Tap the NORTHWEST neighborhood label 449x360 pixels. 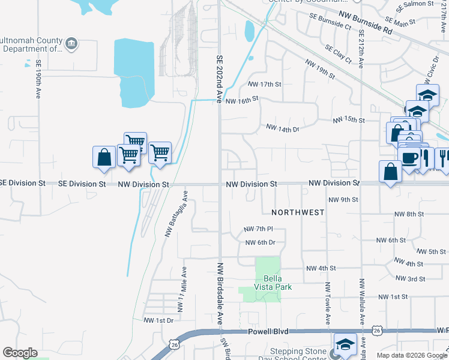coord(298,212)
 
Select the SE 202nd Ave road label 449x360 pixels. coord(219,79)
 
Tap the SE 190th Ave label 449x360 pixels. coord(38,79)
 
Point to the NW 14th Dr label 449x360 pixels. coord(282,128)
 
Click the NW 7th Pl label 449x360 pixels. coord(259,229)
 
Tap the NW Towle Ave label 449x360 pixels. coord(328,302)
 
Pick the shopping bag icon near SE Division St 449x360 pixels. coord(104,157)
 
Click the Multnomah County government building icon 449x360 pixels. coord(71,43)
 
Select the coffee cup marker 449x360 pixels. coord(409,157)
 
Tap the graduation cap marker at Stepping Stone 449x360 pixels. coord(346,344)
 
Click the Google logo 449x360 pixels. coord(20,353)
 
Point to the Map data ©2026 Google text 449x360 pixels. coord(411,355)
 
